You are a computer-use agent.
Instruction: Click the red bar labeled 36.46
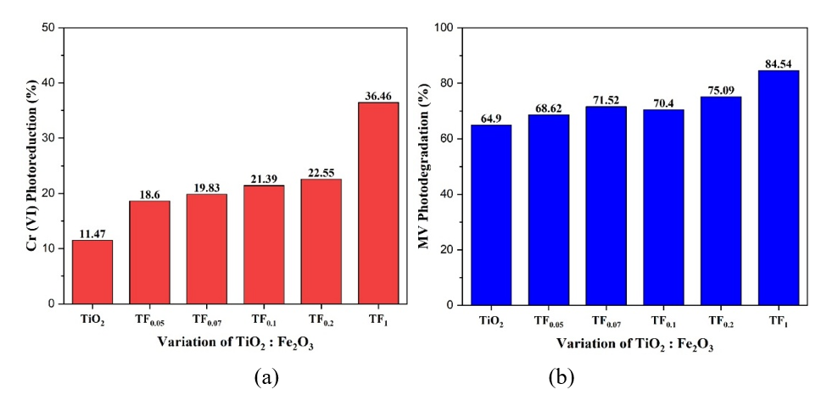(377, 203)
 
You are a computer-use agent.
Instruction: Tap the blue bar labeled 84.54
(778, 187)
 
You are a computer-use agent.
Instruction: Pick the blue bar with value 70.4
(663, 207)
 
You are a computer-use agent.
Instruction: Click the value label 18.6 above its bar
(149, 194)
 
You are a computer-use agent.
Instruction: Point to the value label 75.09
(721, 90)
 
